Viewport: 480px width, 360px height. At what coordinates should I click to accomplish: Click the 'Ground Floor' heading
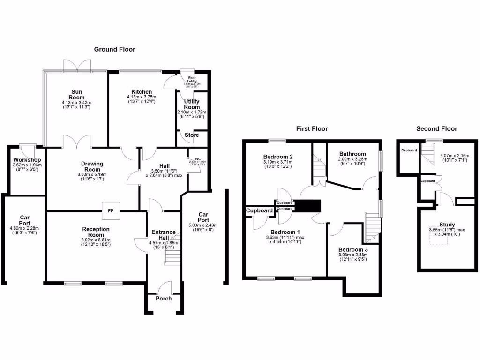click(x=114, y=49)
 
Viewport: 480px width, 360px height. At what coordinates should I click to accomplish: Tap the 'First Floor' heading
click(x=312, y=128)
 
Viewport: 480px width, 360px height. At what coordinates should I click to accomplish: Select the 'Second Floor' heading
click(x=436, y=128)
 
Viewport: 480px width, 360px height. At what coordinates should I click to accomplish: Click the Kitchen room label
click(x=141, y=92)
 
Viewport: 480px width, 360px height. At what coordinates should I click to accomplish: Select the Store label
click(x=191, y=135)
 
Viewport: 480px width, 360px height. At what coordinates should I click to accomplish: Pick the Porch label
click(x=163, y=299)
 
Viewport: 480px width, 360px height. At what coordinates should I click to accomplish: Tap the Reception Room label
click(x=96, y=232)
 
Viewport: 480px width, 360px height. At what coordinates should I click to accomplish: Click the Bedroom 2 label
click(x=278, y=157)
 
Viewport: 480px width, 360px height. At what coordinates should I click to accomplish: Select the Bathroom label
click(x=352, y=154)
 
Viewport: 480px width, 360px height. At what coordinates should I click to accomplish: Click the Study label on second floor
click(x=447, y=225)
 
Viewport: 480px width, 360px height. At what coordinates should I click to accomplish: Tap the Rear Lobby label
click(x=192, y=80)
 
